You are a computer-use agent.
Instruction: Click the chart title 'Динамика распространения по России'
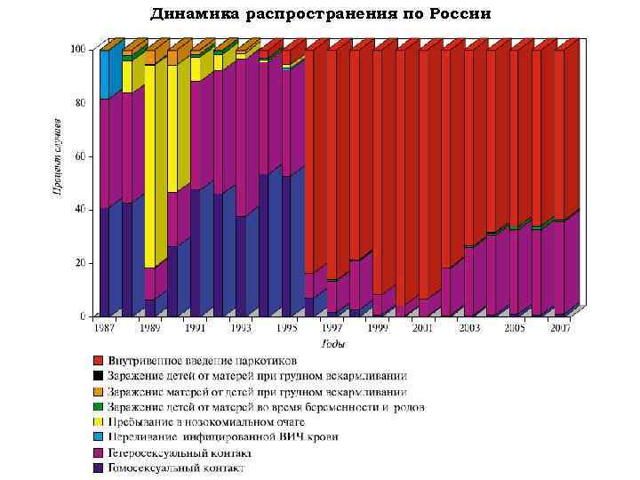click(320, 14)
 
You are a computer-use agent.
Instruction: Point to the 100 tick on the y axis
click(79, 50)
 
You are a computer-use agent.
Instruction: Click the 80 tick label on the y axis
click(81, 103)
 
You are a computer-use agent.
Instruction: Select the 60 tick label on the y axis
click(81, 156)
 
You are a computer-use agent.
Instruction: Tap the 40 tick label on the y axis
click(81, 210)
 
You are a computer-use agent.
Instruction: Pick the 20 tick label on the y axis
click(81, 263)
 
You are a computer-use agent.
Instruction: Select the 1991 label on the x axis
click(195, 328)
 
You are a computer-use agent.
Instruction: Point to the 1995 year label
click(286, 328)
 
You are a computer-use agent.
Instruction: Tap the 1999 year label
click(378, 328)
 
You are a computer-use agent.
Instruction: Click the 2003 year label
click(468, 328)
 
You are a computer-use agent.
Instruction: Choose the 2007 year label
click(560, 328)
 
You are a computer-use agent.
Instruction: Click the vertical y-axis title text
click(55, 156)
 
